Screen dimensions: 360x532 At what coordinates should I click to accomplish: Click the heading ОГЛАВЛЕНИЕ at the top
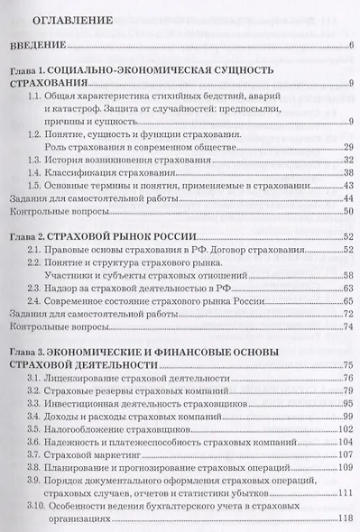[x=73, y=19]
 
